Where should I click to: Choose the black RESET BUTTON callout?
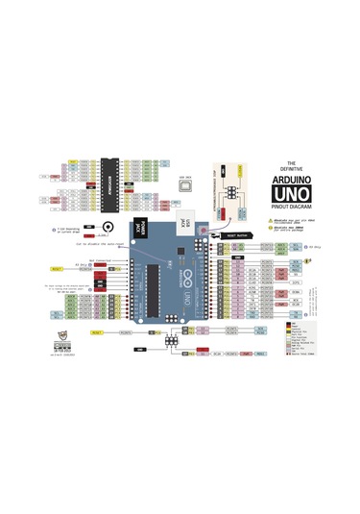pyautogui.click(x=236, y=233)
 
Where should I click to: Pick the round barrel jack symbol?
pyautogui.click(x=108, y=229)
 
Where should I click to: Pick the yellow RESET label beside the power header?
pyautogui.click(x=56, y=269)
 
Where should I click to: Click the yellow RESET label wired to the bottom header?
pyautogui.click(x=98, y=331)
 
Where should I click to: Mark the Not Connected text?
pyautogui.click(x=97, y=258)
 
